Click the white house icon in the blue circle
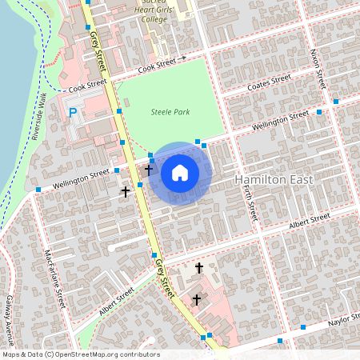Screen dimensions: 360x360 [x=180, y=173]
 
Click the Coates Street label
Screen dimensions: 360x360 [x=269, y=83]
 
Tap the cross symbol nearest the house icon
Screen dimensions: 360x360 [x=148, y=170]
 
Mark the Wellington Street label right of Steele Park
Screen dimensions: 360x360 [x=280, y=121]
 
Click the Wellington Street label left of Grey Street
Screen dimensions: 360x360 [x=81, y=178]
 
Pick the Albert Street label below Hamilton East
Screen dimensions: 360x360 [x=310, y=220]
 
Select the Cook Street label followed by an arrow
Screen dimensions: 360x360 [x=156, y=65]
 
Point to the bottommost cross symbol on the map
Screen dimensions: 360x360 [x=196, y=300]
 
